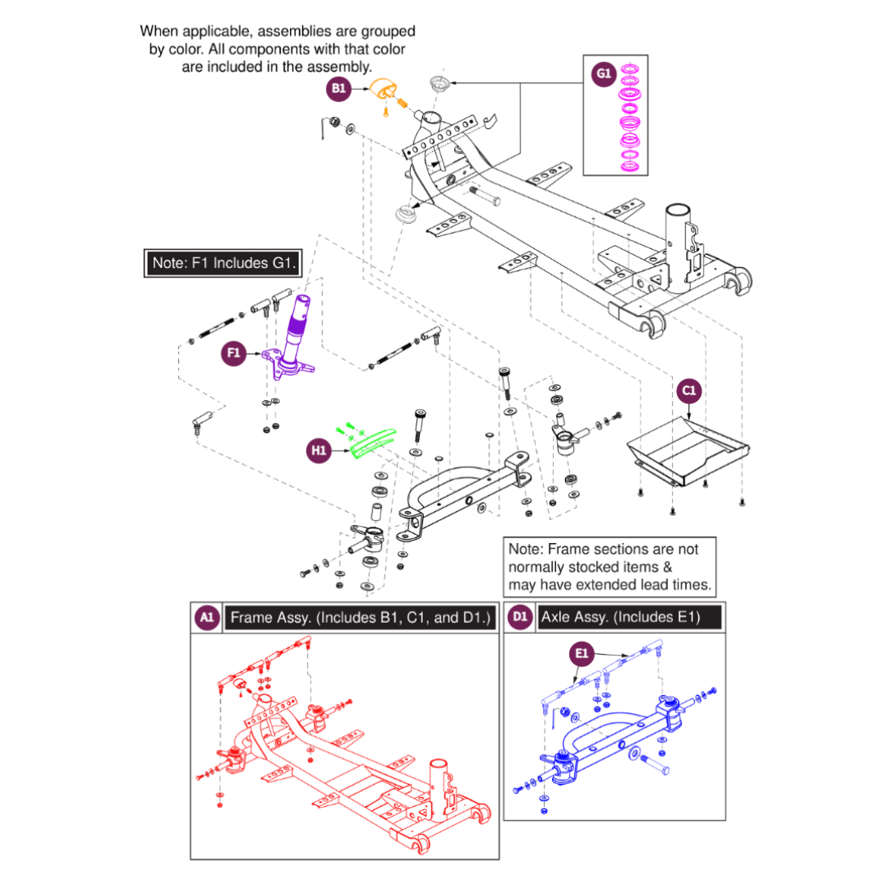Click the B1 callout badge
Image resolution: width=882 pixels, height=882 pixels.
[x=338, y=90]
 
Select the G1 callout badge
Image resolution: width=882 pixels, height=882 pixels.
[x=603, y=74]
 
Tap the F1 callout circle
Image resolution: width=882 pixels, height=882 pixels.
[x=234, y=353]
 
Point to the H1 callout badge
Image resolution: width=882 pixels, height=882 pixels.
[x=320, y=449]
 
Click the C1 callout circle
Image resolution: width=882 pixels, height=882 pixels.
[x=688, y=391]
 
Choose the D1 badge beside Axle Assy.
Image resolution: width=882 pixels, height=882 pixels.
[x=520, y=617]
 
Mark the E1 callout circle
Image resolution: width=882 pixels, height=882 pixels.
[x=581, y=653]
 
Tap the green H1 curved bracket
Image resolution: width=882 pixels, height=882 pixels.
[x=372, y=440]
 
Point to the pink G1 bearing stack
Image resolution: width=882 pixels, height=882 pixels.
[x=629, y=118]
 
